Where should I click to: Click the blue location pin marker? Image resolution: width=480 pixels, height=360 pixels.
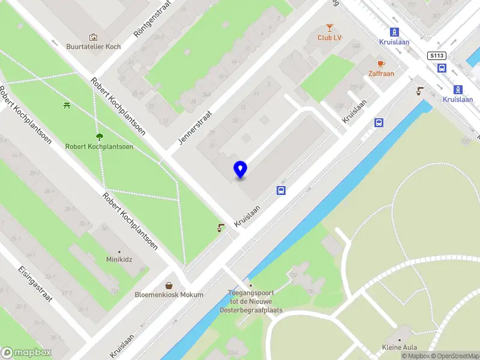pos(240,170)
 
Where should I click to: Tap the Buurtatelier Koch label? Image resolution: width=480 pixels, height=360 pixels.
pos(93,47)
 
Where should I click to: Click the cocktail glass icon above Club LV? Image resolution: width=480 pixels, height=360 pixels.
pos(329,27)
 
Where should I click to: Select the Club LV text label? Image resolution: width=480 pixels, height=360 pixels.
pos(329,38)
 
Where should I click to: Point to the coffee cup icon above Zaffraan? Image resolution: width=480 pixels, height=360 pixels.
pos(380,63)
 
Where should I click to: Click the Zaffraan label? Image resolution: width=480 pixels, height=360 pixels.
pos(381,74)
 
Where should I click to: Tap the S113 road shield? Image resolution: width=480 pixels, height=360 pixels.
pos(436,56)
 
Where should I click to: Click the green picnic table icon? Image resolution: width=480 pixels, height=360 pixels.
pos(67,106)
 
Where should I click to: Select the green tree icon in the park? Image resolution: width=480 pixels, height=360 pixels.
pos(99,136)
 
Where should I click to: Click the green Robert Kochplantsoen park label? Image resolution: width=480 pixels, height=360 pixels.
pos(99,146)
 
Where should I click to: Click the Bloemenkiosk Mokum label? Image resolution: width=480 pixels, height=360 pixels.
pos(169,295)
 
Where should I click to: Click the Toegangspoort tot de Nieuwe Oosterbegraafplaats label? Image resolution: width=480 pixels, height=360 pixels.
pos(250,302)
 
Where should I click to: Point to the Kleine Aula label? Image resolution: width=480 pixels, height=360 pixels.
pos(400,347)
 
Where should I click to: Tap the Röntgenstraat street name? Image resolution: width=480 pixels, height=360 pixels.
pos(152,20)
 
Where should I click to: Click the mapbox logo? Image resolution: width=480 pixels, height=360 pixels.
pos(26,353)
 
